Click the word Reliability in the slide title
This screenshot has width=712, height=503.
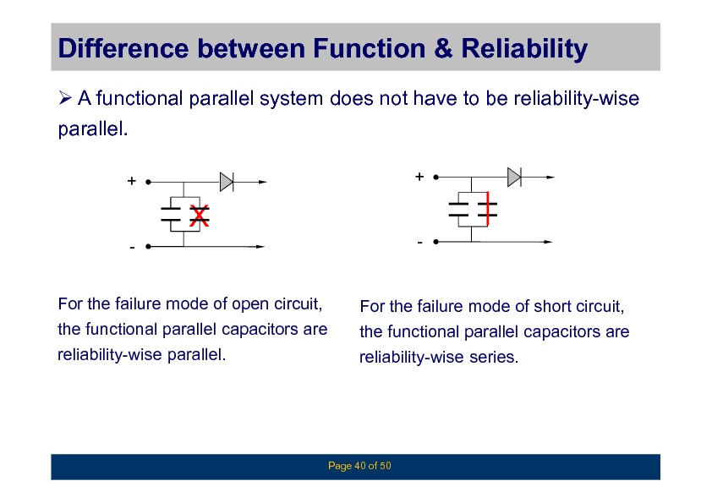523,51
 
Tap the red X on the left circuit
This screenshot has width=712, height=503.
199,216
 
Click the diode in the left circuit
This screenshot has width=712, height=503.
227,180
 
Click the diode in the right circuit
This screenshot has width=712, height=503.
514,176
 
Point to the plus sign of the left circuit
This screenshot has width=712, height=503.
131,181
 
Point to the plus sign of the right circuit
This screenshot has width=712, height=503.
419,177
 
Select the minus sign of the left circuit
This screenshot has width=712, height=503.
132,249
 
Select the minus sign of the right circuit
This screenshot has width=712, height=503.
419,243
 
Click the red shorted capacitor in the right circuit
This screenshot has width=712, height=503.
486,210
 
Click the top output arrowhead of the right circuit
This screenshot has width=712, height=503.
550,178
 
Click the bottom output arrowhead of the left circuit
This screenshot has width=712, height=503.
261,248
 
